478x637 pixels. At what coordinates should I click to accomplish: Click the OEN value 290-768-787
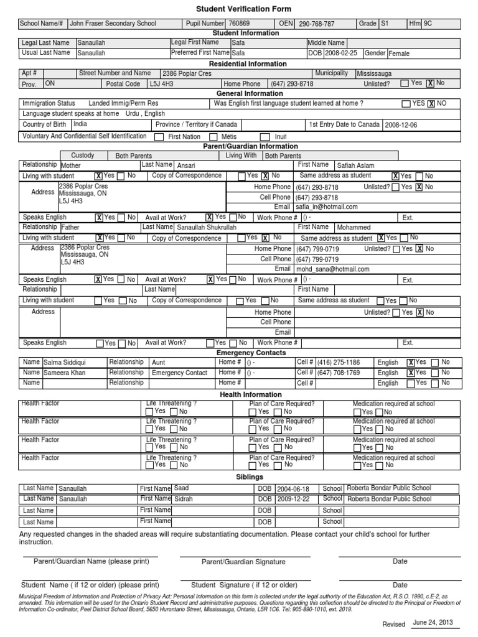[x=316, y=24]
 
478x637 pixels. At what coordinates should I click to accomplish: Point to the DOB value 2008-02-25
[x=342, y=53]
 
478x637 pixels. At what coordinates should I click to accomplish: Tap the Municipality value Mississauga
[x=374, y=73]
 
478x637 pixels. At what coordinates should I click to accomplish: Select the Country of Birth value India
[x=80, y=124]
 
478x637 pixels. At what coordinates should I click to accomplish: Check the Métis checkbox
[x=213, y=136]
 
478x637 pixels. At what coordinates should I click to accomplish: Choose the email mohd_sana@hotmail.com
[x=332, y=269]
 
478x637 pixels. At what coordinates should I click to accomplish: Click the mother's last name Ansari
[x=186, y=166]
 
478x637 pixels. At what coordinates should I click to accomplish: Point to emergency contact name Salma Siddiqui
[x=65, y=362]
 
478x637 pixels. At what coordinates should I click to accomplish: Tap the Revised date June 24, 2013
[x=434, y=623]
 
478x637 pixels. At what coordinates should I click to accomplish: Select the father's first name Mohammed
[x=354, y=228]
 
